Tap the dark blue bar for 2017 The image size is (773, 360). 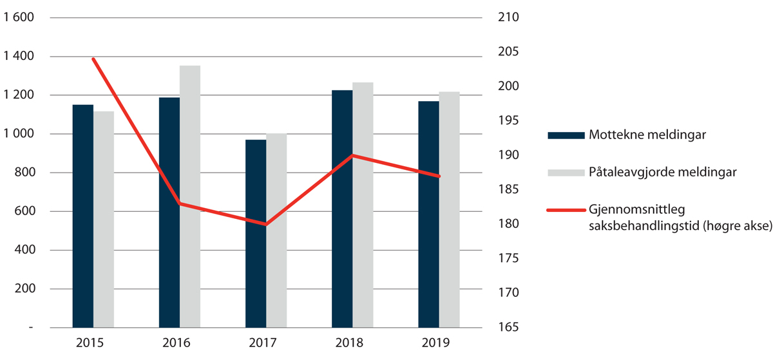tap(256, 233)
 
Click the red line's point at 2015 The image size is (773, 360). tap(93, 59)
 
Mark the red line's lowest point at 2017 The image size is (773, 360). tap(266, 225)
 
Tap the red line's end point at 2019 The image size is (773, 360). tap(439, 176)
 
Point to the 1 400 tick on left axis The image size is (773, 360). tap(19, 57)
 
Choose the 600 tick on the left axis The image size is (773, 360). tap(25, 211)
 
